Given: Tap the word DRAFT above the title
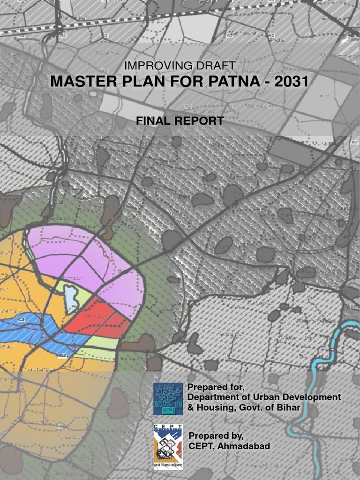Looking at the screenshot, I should pos(217,66).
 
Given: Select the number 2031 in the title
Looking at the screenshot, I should pos(292,82).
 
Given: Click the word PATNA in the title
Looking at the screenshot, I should pos(232,82).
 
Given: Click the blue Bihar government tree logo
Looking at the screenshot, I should pos(168,398).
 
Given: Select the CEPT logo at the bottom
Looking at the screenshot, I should pos(168,446).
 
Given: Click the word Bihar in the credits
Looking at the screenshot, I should pos(287,407).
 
